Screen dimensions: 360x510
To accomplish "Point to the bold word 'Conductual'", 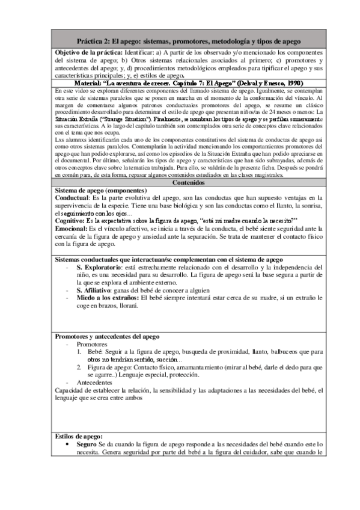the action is pos(71,197).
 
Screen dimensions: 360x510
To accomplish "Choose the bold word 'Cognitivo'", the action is pos(70,221).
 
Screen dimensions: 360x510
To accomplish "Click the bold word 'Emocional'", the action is pos(71,229).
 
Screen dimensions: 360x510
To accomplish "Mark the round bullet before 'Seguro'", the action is pos(70,444).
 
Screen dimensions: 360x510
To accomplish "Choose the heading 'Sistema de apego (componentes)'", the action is pos(100,189).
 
